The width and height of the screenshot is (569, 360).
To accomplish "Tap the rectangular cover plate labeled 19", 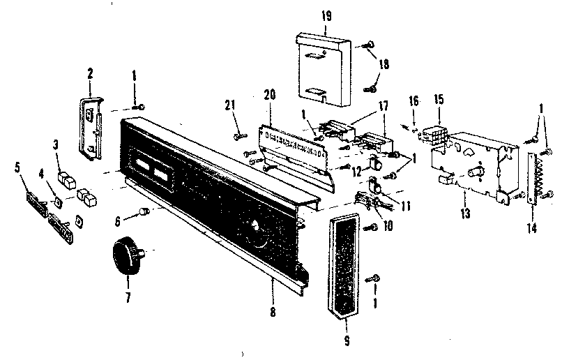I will point(322,70).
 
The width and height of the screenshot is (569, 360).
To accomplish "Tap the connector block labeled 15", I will point(438,134).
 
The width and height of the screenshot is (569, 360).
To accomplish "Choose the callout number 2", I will point(90,72).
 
